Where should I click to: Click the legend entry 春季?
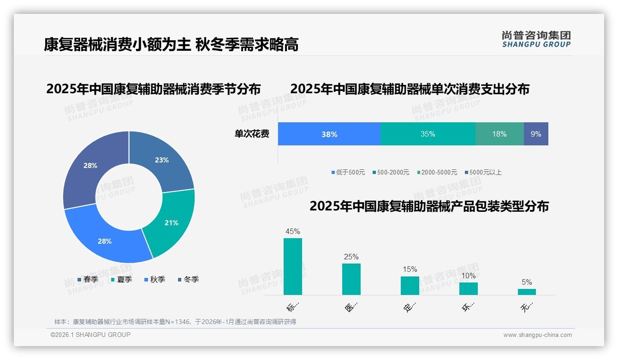88,279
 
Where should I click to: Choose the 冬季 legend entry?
188,279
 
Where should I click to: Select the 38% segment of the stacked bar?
329,134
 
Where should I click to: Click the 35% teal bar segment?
428,134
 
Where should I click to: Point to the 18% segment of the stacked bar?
499,134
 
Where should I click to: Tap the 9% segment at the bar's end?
536,134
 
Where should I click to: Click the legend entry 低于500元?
348,172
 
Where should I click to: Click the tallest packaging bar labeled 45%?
293,266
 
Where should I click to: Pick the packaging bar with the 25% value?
351,279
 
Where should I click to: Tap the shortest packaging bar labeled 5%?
527,292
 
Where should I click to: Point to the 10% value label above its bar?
469,276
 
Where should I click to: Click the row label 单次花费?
252,134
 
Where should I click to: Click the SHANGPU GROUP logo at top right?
536,39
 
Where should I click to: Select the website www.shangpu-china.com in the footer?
537,335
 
